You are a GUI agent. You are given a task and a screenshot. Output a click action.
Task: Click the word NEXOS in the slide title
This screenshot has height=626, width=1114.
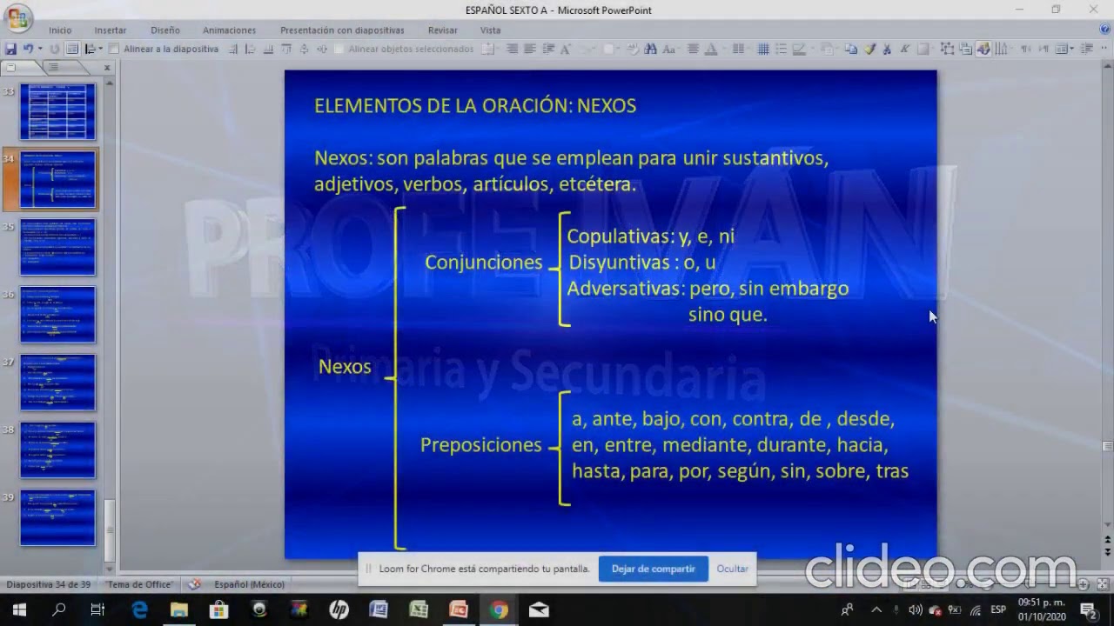pos(607,106)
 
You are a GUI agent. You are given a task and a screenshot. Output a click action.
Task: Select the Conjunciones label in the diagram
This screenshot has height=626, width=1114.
pos(483,263)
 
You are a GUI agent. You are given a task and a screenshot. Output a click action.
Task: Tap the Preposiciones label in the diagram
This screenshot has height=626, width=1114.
pos(480,445)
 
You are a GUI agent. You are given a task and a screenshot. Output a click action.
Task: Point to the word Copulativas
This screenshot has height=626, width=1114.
pos(619,236)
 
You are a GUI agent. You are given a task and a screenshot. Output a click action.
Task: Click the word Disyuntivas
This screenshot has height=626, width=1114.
pos(619,263)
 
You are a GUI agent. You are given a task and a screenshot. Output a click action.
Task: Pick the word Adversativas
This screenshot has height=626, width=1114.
pos(624,289)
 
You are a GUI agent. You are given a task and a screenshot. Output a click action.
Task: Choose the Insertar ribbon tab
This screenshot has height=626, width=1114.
pos(111,30)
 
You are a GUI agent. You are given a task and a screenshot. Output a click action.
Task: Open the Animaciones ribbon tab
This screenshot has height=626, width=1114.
pos(229,30)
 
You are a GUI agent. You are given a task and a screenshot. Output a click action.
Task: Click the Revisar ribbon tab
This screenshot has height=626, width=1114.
pos(442,30)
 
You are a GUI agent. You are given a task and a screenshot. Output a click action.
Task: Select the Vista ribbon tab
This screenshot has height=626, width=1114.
pos(490,30)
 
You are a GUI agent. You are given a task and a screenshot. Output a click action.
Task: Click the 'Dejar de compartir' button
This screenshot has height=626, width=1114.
pos(653,569)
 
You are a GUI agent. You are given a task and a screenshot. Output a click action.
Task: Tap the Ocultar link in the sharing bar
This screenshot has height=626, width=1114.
pos(732,569)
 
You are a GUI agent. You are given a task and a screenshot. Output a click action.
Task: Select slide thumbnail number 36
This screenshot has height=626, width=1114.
pos(57,315)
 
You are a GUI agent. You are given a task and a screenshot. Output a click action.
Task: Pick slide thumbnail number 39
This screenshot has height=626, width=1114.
pos(57,518)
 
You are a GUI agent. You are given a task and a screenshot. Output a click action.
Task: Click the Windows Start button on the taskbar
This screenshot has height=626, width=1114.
pos(18,610)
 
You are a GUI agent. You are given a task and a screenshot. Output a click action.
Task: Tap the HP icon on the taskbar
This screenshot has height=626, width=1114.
pos(339,610)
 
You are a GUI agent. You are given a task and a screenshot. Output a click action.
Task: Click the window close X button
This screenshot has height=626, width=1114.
pos(1094,10)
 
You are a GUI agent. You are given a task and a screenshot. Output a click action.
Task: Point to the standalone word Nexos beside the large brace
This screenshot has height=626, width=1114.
pos(345,367)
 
